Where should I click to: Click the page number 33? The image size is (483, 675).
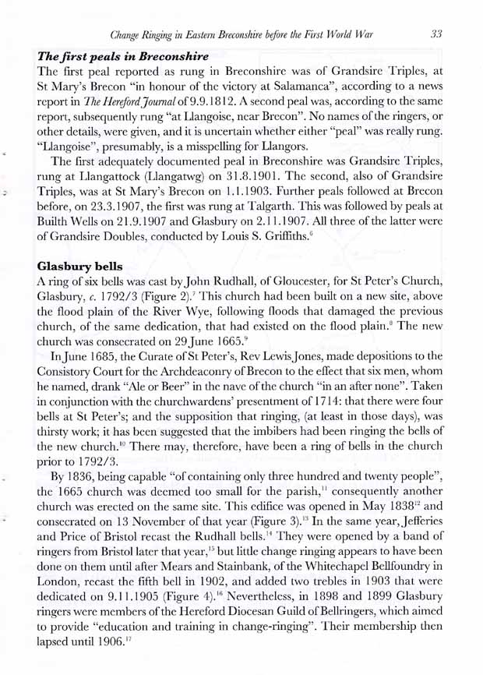(437, 34)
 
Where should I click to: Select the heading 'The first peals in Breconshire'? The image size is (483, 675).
(119, 56)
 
